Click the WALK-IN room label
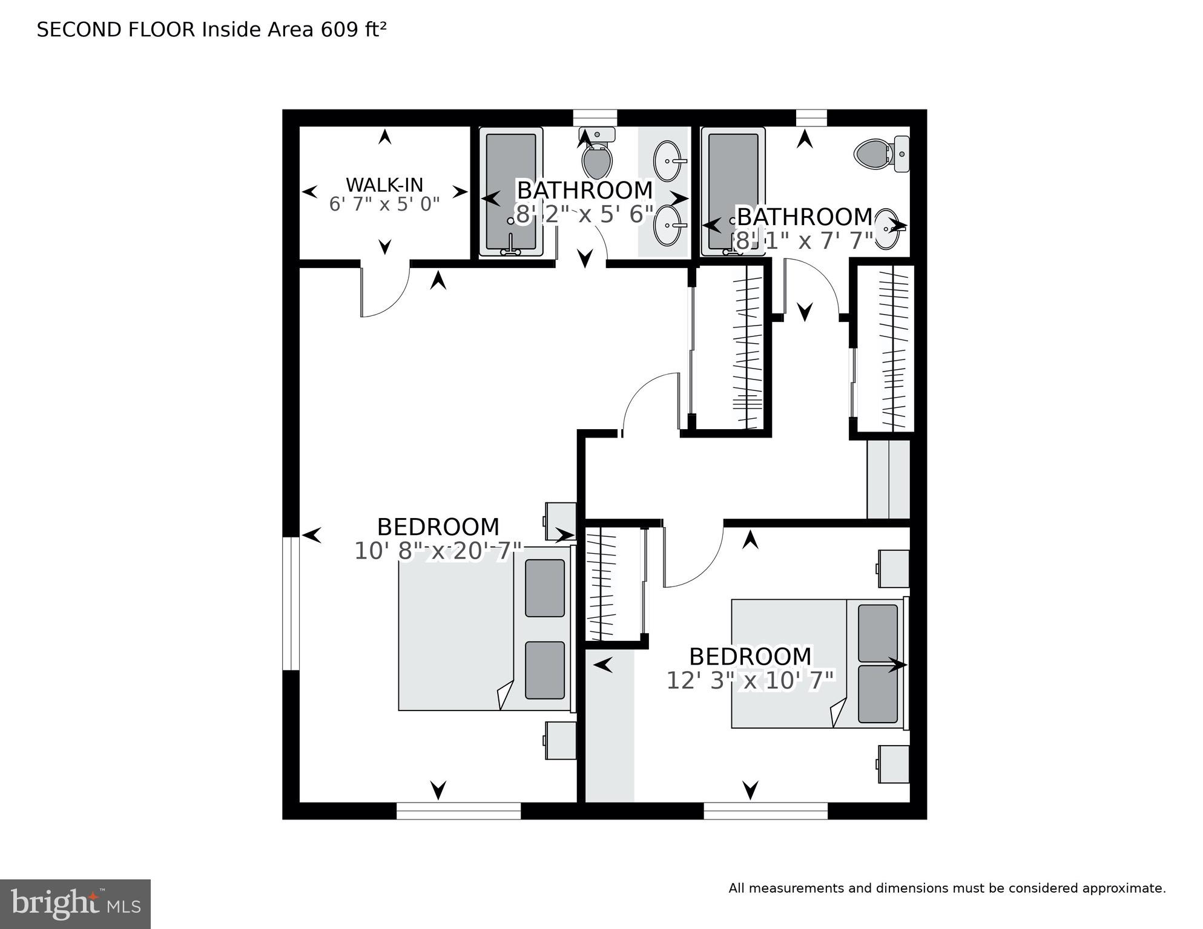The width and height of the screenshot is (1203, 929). click(384, 185)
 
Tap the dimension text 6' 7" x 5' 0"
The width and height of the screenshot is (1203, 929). click(384, 205)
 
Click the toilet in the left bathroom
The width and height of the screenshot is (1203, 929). click(597, 156)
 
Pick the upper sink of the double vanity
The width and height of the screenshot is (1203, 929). click(668, 161)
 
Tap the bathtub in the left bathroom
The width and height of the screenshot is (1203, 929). click(510, 191)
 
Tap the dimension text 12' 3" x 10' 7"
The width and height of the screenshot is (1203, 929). click(751, 681)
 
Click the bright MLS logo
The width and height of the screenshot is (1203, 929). click(75, 904)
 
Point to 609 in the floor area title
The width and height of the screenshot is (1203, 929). click(339, 30)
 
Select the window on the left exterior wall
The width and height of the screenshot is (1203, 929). click(291, 603)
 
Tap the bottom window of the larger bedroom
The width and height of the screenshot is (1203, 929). click(458, 810)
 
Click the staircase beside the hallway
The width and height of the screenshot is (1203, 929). click(888, 479)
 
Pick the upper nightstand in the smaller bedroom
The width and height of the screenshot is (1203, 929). click(894, 568)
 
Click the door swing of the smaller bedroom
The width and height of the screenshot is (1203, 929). click(693, 560)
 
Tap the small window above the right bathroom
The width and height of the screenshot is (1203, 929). click(811, 117)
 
